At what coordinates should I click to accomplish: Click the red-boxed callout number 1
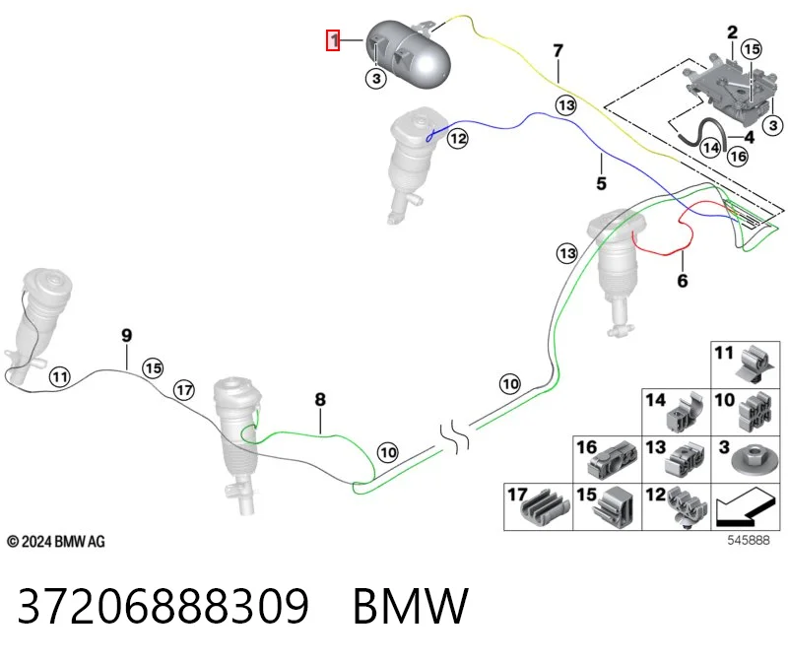pos(333,40)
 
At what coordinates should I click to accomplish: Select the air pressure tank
pos(408,54)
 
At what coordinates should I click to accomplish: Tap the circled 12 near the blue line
pos(457,138)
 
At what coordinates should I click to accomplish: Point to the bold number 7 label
pos(558,51)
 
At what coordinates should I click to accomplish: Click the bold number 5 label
pos(601,183)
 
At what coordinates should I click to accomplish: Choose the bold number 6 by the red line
pos(682,281)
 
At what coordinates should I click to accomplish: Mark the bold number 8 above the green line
pos(320,400)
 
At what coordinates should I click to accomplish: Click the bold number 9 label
pos(127,335)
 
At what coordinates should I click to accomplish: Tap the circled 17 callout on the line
pos(184,390)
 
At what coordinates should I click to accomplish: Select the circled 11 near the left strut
pos(59,376)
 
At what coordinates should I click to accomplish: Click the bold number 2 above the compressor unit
pos(732,33)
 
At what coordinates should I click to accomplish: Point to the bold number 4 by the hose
pos(749,137)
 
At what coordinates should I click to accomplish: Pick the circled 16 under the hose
pos(738,157)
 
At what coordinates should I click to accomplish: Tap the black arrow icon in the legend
pos(743,507)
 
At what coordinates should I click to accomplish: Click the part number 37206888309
pos(164,606)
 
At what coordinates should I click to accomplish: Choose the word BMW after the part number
pos(411,606)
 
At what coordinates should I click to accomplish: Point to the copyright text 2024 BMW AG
pos(56,542)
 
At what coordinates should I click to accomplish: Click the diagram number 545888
pos(749,540)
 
